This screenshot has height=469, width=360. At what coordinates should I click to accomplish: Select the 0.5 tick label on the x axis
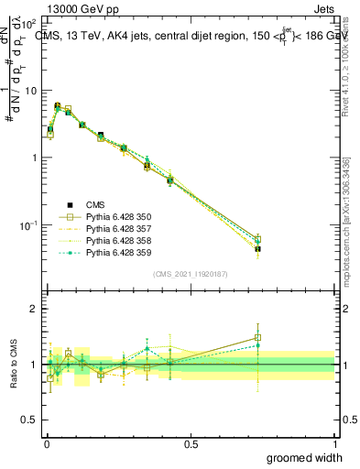tap(191, 442)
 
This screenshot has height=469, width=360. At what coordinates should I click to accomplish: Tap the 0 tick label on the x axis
tap(46, 442)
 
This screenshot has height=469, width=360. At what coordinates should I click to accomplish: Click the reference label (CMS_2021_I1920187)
tap(190, 274)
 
